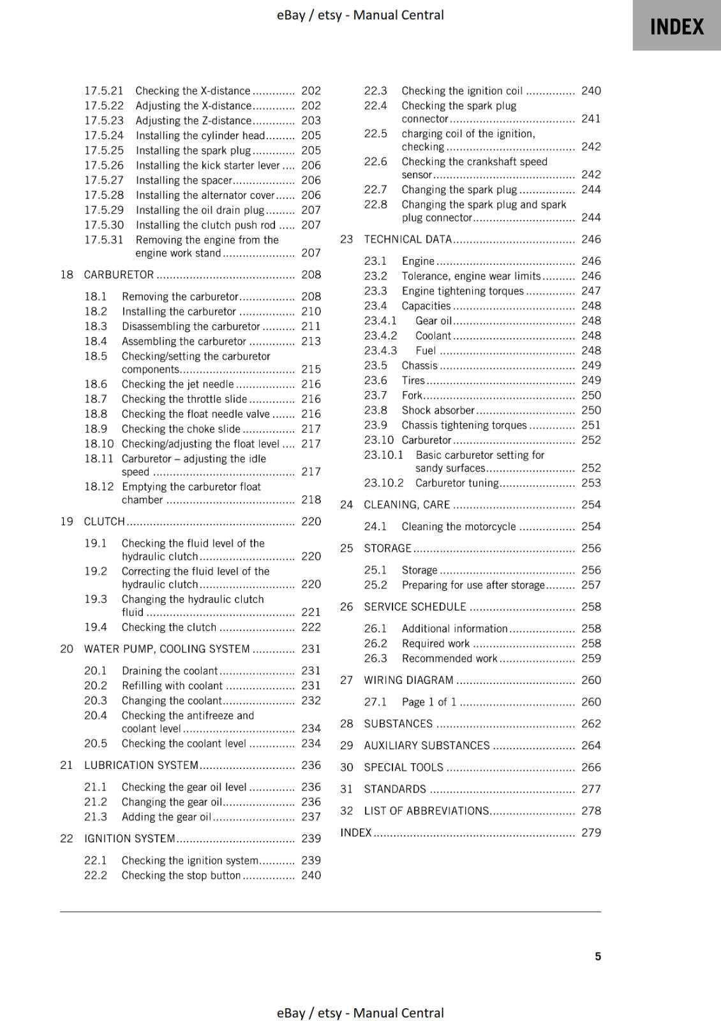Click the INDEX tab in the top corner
676,27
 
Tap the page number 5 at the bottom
598,956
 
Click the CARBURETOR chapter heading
119,274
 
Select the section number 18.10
99,443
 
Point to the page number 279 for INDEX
591,832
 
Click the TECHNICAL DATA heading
408,239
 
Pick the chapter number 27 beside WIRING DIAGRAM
346,680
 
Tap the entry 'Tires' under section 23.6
413,380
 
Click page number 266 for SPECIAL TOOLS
591,767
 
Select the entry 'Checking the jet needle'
178,384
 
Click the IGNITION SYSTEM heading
130,838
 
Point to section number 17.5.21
104,91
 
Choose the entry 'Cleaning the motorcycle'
458,526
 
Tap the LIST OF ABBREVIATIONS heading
426,810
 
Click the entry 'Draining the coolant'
170,671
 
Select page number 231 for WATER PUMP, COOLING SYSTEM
311,649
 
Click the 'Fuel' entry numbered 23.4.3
426,350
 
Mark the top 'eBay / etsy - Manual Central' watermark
360,15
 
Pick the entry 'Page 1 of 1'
429,702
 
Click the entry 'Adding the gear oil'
166,817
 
